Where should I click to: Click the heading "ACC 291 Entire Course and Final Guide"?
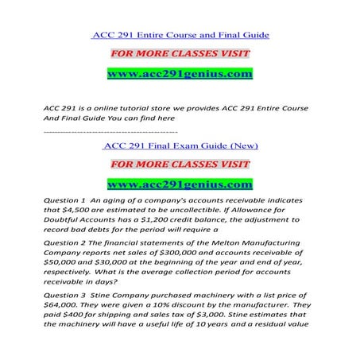(180, 35)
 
